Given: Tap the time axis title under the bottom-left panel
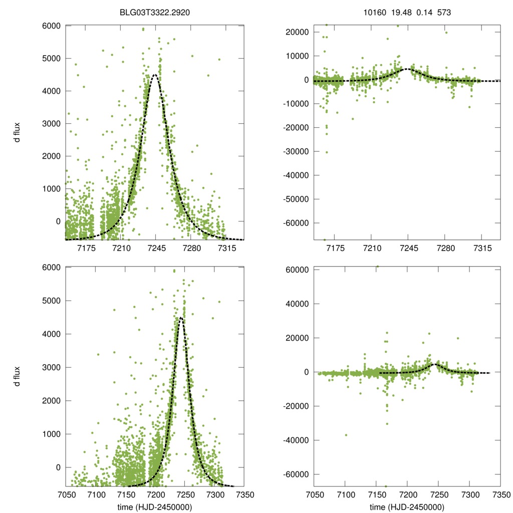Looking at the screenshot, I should pos(155,507).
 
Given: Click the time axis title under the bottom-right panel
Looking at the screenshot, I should pos(406,507).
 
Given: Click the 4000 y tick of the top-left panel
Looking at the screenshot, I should pos(52,91).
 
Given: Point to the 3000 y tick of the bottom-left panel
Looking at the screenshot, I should pos(52,367).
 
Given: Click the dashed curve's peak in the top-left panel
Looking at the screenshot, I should pos(155,75).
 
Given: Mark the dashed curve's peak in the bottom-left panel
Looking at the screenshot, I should pos(181,317).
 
